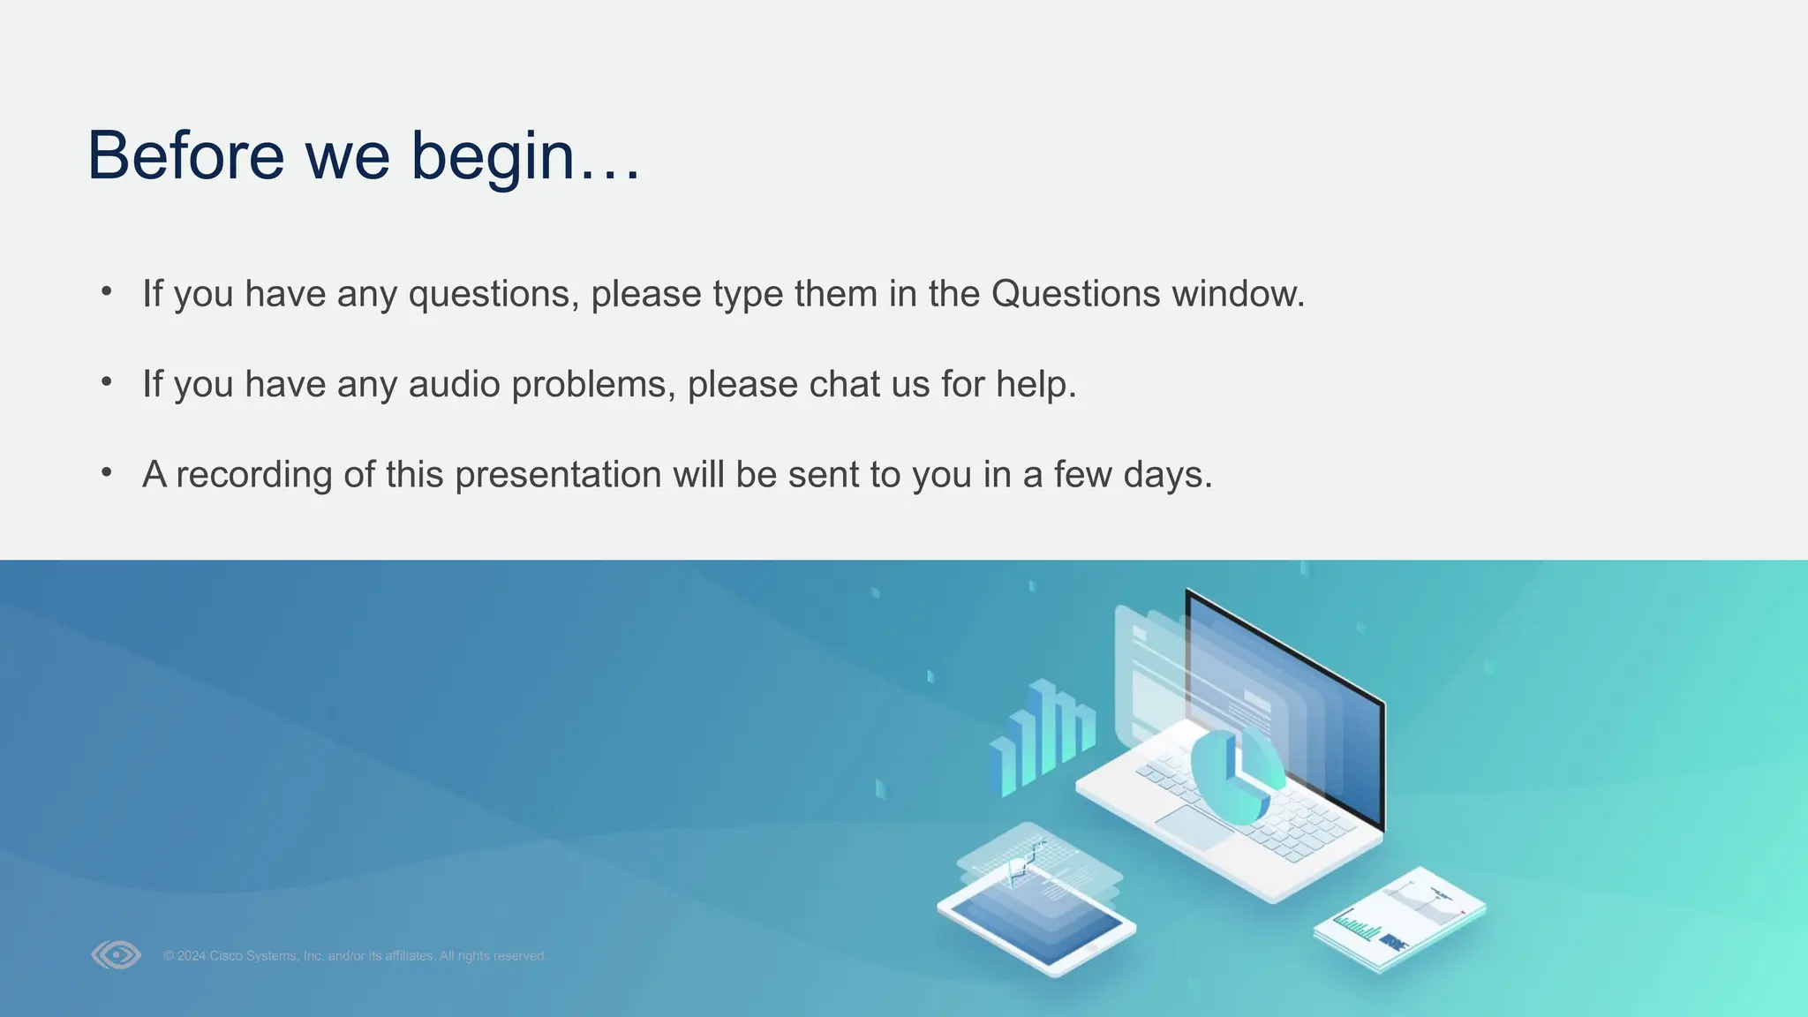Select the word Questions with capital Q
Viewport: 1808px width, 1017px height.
(1075, 294)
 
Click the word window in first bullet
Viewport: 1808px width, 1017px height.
(1237, 294)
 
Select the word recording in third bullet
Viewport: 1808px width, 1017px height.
(253, 475)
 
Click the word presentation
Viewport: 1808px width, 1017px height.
(558, 475)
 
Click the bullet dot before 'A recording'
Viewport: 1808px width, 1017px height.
(107, 472)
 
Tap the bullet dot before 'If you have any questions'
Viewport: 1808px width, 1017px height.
(107, 290)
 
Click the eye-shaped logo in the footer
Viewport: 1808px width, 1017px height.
(116, 954)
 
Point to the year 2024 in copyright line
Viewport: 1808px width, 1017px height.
(191, 956)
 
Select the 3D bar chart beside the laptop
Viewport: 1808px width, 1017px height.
(1042, 737)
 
